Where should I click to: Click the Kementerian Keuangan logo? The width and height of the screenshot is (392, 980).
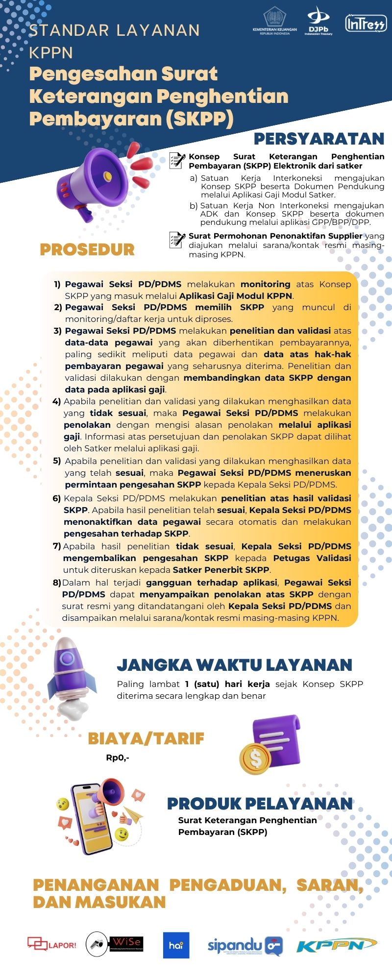click(274, 21)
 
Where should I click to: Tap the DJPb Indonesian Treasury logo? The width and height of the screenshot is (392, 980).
click(318, 22)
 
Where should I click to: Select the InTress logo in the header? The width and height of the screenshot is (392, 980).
click(366, 23)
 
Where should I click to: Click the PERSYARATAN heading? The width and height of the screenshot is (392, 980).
click(318, 139)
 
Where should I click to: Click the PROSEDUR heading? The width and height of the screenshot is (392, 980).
click(87, 249)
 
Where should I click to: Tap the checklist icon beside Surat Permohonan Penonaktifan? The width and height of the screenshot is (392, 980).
click(177, 240)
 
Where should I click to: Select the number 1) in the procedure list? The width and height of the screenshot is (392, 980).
click(57, 284)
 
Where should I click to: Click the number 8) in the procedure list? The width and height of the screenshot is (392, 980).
click(56, 583)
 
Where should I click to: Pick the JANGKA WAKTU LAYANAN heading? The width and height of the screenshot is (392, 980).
click(234, 665)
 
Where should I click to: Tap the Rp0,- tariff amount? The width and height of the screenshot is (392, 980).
click(118, 758)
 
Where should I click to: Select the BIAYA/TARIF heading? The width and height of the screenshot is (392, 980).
click(146, 738)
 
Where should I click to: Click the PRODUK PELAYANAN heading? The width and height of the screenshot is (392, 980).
click(260, 804)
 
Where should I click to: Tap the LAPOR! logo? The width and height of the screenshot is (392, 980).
click(51, 944)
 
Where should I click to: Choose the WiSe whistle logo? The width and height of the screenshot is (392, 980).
click(114, 944)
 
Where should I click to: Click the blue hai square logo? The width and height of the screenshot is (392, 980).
click(176, 945)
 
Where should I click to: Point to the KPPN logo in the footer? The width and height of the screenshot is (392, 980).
click(336, 945)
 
